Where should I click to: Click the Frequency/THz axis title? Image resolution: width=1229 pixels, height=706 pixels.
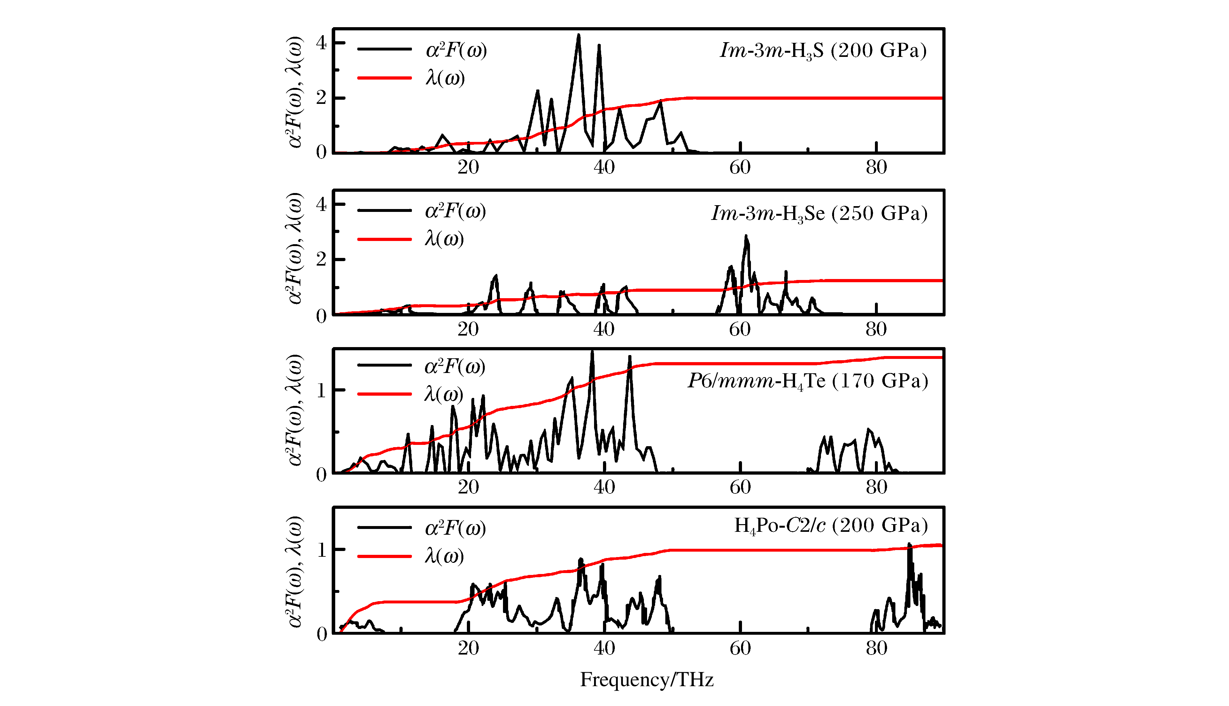pyautogui.click(x=647, y=680)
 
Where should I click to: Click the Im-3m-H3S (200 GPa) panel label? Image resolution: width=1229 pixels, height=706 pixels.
pyautogui.click(x=823, y=51)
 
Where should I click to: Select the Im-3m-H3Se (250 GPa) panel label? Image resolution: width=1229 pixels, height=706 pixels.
pyautogui.click(x=819, y=214)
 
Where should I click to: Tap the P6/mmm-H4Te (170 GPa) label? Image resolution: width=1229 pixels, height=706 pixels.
pyautogui.click(x=808, y=381)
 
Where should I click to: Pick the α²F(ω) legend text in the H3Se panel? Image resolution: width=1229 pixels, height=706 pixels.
pyautogui.click(x=455, y=211)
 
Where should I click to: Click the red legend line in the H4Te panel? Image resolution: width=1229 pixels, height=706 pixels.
pyautogui.click(x=384, y=394)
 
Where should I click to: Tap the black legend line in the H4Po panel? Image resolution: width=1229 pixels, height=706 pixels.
pyautogui.click(x=384, y=528)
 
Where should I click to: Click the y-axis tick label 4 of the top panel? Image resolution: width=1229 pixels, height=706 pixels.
pyautogui.click(x=321, y=43)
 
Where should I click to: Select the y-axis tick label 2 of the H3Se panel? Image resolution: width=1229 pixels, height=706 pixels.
pyautogui.click(x=321, y=260)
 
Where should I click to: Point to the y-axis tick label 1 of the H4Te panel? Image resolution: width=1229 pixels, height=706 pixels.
pyautogui.click(x=321, y=390)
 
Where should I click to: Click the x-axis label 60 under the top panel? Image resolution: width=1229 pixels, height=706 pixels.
pyautogui.click(x=740, y=167)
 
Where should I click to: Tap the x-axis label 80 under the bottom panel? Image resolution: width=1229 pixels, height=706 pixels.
pyautogui.click(x=877, y=648)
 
